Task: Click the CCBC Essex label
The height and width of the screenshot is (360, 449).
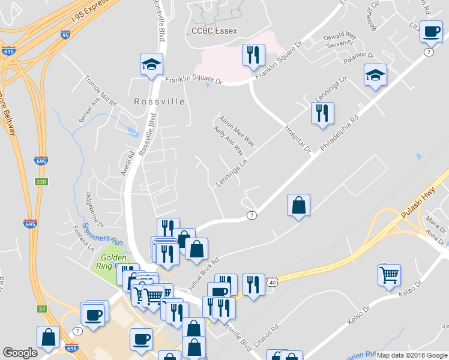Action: pos(214,31)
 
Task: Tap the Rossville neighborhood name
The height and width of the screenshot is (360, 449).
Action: pos(159,101)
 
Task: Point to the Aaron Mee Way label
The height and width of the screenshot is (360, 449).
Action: pos(237,131)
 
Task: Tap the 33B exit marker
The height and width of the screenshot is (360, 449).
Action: pos(41,181)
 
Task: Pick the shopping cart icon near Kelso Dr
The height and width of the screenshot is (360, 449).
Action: pos(390,275)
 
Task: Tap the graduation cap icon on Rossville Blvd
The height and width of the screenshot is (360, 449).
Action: pos(151,64)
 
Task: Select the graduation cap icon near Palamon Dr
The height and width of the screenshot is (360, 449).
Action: pos(375,75)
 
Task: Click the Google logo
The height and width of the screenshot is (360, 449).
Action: pos(20,353)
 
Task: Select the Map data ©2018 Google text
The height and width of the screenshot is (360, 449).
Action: pos(412,355)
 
